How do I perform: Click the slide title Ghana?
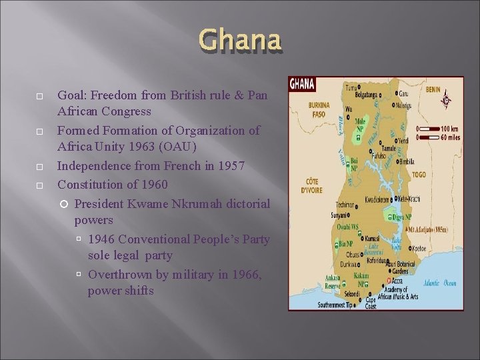(x=239, y=41)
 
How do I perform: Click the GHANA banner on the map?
(x=302, y=85)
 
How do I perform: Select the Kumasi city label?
(x=372, y=237)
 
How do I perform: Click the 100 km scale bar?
(x=433, y=128)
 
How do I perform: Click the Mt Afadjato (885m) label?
(x=431, y=229)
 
